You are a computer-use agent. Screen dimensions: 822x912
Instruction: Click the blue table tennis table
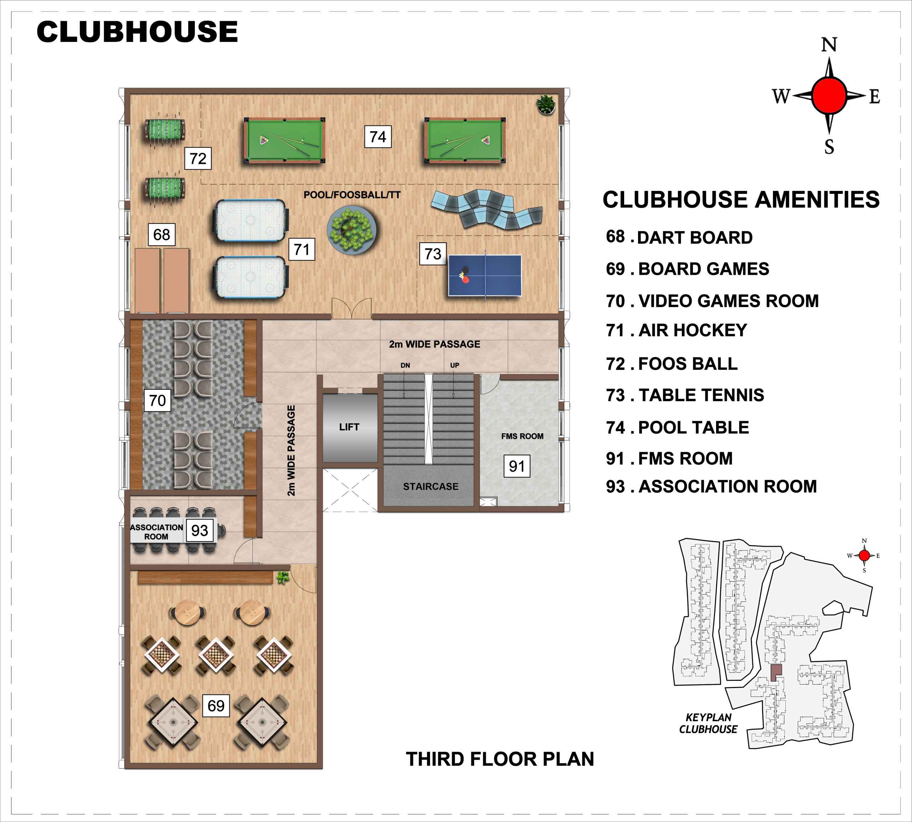point(484,275)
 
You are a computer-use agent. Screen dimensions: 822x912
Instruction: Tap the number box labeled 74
point(378,136)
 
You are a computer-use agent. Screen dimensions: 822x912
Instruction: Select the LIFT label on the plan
point(349,427)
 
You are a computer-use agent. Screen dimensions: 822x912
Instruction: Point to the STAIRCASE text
point(430,486)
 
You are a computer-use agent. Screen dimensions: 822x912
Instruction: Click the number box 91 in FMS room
point(517,466)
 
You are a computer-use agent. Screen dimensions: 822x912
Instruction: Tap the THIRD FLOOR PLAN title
point(500,759)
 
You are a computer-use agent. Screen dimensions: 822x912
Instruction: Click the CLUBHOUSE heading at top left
point(137,32)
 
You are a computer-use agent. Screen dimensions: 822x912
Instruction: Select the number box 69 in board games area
point(216,705)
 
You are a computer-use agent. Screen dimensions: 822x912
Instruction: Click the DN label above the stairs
point(405,365)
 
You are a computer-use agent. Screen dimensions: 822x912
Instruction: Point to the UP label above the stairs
point(455,365)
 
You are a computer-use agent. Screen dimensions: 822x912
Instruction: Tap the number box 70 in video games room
point(157,400)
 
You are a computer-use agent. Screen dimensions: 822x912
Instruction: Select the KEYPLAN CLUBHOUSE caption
point(708,723)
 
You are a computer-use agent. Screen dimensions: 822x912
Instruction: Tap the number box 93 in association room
point(199,530)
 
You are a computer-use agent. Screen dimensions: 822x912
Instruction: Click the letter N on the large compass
point(829,45)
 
